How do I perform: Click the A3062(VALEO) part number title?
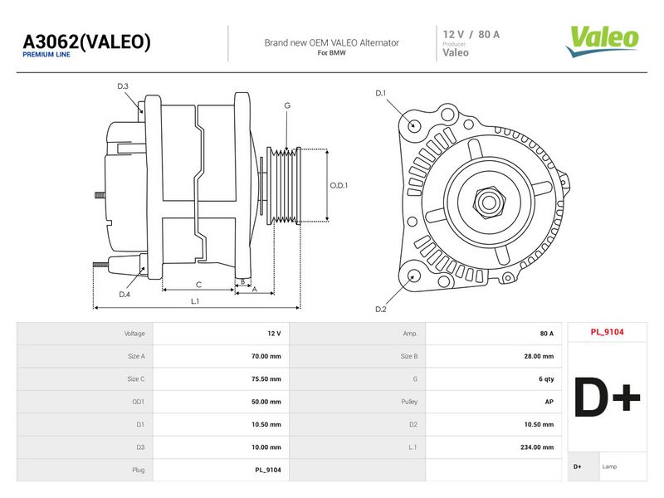pos(86,41)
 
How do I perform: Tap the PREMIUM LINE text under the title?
pos(46,54)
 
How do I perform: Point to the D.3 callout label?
pos(123,86)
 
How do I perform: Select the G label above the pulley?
pos(287,105)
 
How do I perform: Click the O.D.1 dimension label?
pos(339,185)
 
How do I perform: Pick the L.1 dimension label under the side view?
pos(195,301)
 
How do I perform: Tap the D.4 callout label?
pos(124,295)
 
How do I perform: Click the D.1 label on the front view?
pos(381,93)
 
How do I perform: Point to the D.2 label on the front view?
pos(381,309)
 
